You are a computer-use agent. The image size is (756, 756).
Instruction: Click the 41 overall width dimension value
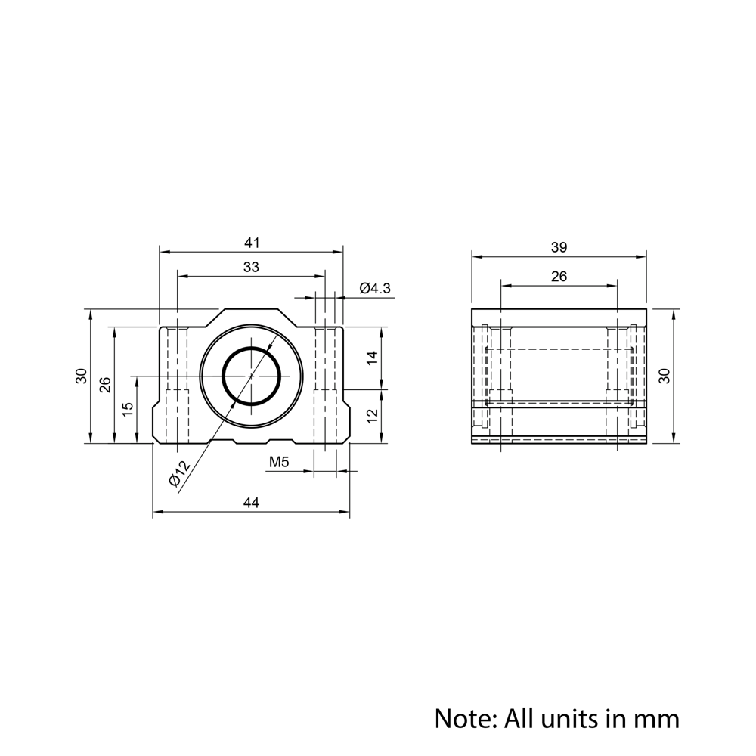252,243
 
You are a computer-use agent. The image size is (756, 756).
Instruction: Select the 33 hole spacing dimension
252,267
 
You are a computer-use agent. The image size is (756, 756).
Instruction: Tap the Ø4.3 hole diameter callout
376,288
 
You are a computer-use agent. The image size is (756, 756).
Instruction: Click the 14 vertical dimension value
371,358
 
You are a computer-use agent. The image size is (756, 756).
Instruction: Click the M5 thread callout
280,462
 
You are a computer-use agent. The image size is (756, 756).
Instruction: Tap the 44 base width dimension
252,503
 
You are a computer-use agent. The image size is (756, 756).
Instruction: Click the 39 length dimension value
559,246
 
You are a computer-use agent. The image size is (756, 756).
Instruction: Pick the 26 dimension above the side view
559,277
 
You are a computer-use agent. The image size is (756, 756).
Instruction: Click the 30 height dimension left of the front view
81,376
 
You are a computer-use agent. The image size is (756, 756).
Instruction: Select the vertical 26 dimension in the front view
105,385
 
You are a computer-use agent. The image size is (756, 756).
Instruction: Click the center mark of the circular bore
252,376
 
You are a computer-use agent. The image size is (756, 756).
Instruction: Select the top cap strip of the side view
559,317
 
